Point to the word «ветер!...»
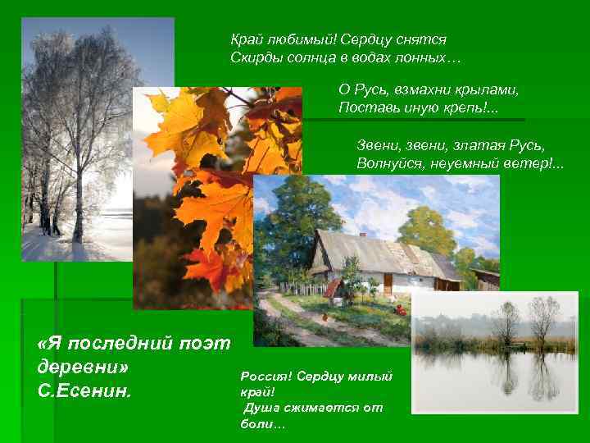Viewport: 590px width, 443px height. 533,164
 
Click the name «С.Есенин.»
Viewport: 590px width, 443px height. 84,389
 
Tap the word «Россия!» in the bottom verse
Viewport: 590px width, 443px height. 263,376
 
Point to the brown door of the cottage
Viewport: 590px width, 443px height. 388,284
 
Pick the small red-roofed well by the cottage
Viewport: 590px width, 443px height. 332,289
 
